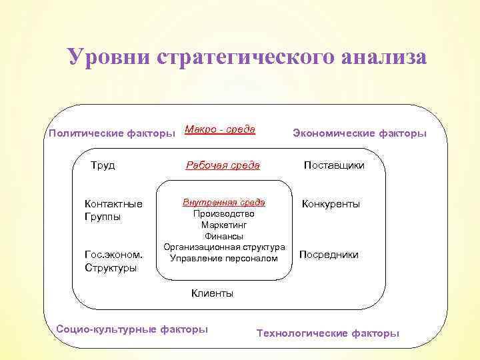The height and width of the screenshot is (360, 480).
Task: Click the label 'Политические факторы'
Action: coord(111,133)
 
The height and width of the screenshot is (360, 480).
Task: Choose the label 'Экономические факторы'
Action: coord(359,133)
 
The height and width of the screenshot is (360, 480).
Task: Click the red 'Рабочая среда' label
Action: coord(222,165)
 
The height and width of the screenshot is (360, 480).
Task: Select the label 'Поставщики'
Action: coord(334,165)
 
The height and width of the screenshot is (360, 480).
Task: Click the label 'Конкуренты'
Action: coord(331,204)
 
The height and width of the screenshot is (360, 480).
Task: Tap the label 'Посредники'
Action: coord(329,255)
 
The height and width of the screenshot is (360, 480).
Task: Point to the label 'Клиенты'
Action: coord(212,293)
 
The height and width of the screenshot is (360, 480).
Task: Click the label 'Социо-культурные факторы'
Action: coord(132,329)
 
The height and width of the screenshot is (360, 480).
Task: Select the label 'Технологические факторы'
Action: coord(328,333)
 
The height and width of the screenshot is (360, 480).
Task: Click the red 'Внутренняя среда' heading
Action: coord(224,202)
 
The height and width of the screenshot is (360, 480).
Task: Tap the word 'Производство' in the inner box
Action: coord(224,214)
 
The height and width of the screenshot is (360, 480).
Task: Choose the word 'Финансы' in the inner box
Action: coord(224,236)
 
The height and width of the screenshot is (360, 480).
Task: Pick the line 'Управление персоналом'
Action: coord(224,258)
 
